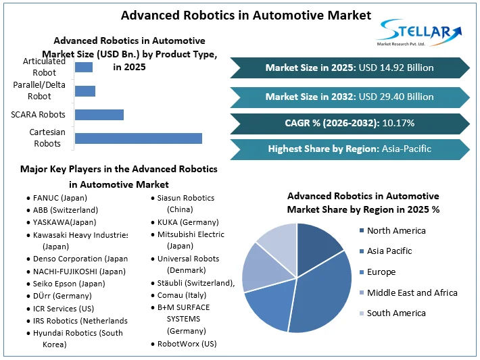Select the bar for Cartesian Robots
[x=138, y=138]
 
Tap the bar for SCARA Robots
[x=99, y=115]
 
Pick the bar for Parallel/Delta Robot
[x=85, y=91]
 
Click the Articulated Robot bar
[x=83, y=67]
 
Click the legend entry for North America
[x=395, y=231]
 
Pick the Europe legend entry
[x=381, y=272]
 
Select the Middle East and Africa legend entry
[x=412, y=292]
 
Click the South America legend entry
[x=396, y=313]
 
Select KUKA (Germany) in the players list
[x=187, y=222]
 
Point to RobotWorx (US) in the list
[x=187, y=344]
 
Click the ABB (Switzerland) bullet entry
[x=65, y=210]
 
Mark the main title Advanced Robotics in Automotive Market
[x=236, y=15]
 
